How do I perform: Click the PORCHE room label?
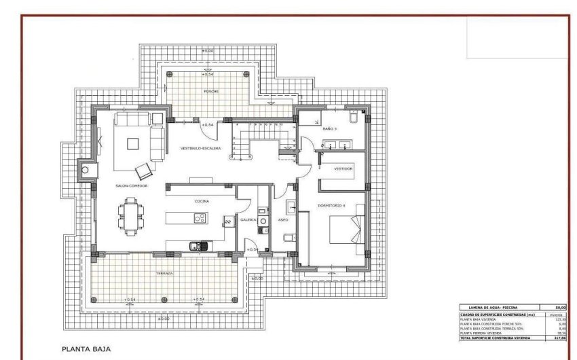point(211,90)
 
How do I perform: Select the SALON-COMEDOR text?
point(132,185)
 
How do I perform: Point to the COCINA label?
point(202,202)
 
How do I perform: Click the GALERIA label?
point(247,220)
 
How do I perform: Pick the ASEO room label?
point(284,220)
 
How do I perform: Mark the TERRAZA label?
point(164,273)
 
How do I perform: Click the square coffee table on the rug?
point(133,143)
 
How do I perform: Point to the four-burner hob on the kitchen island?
point(200,218)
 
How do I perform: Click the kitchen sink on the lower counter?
point(197,245)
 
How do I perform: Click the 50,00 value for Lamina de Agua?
point(559,308)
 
